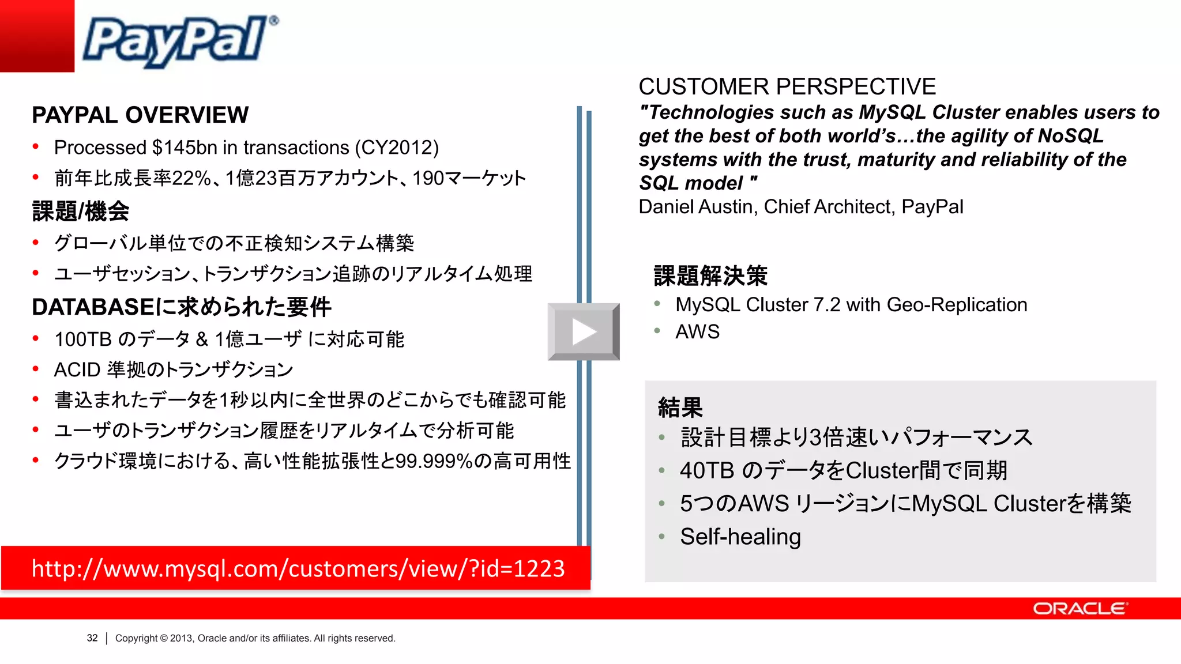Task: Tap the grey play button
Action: point(584,332)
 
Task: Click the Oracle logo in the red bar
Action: point(1080,609)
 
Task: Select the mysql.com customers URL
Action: point(298,568)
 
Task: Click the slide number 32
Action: point(92,638)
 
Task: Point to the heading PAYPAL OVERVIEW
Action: point(140,115)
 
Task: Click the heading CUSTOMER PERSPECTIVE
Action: point(787,87)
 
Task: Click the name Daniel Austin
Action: point(697,206)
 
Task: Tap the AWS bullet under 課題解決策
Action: point(697,332)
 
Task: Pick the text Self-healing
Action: point(740,537)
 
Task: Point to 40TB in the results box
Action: point(707,470)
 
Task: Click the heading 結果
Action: point(680,408)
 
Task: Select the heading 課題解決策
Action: point(710,276)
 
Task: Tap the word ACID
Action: point(77,369)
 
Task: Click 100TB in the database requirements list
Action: point(83,339)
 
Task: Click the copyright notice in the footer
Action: point(255,638)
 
